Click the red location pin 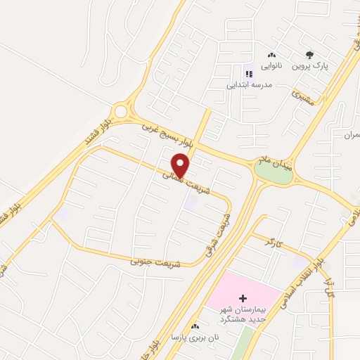[x=181, y=166]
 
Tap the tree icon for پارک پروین [x=309, y=54]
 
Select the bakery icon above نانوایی [x=271, y=54]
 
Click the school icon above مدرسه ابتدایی [x=247, y=73]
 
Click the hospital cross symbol [x=243, y=298]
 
